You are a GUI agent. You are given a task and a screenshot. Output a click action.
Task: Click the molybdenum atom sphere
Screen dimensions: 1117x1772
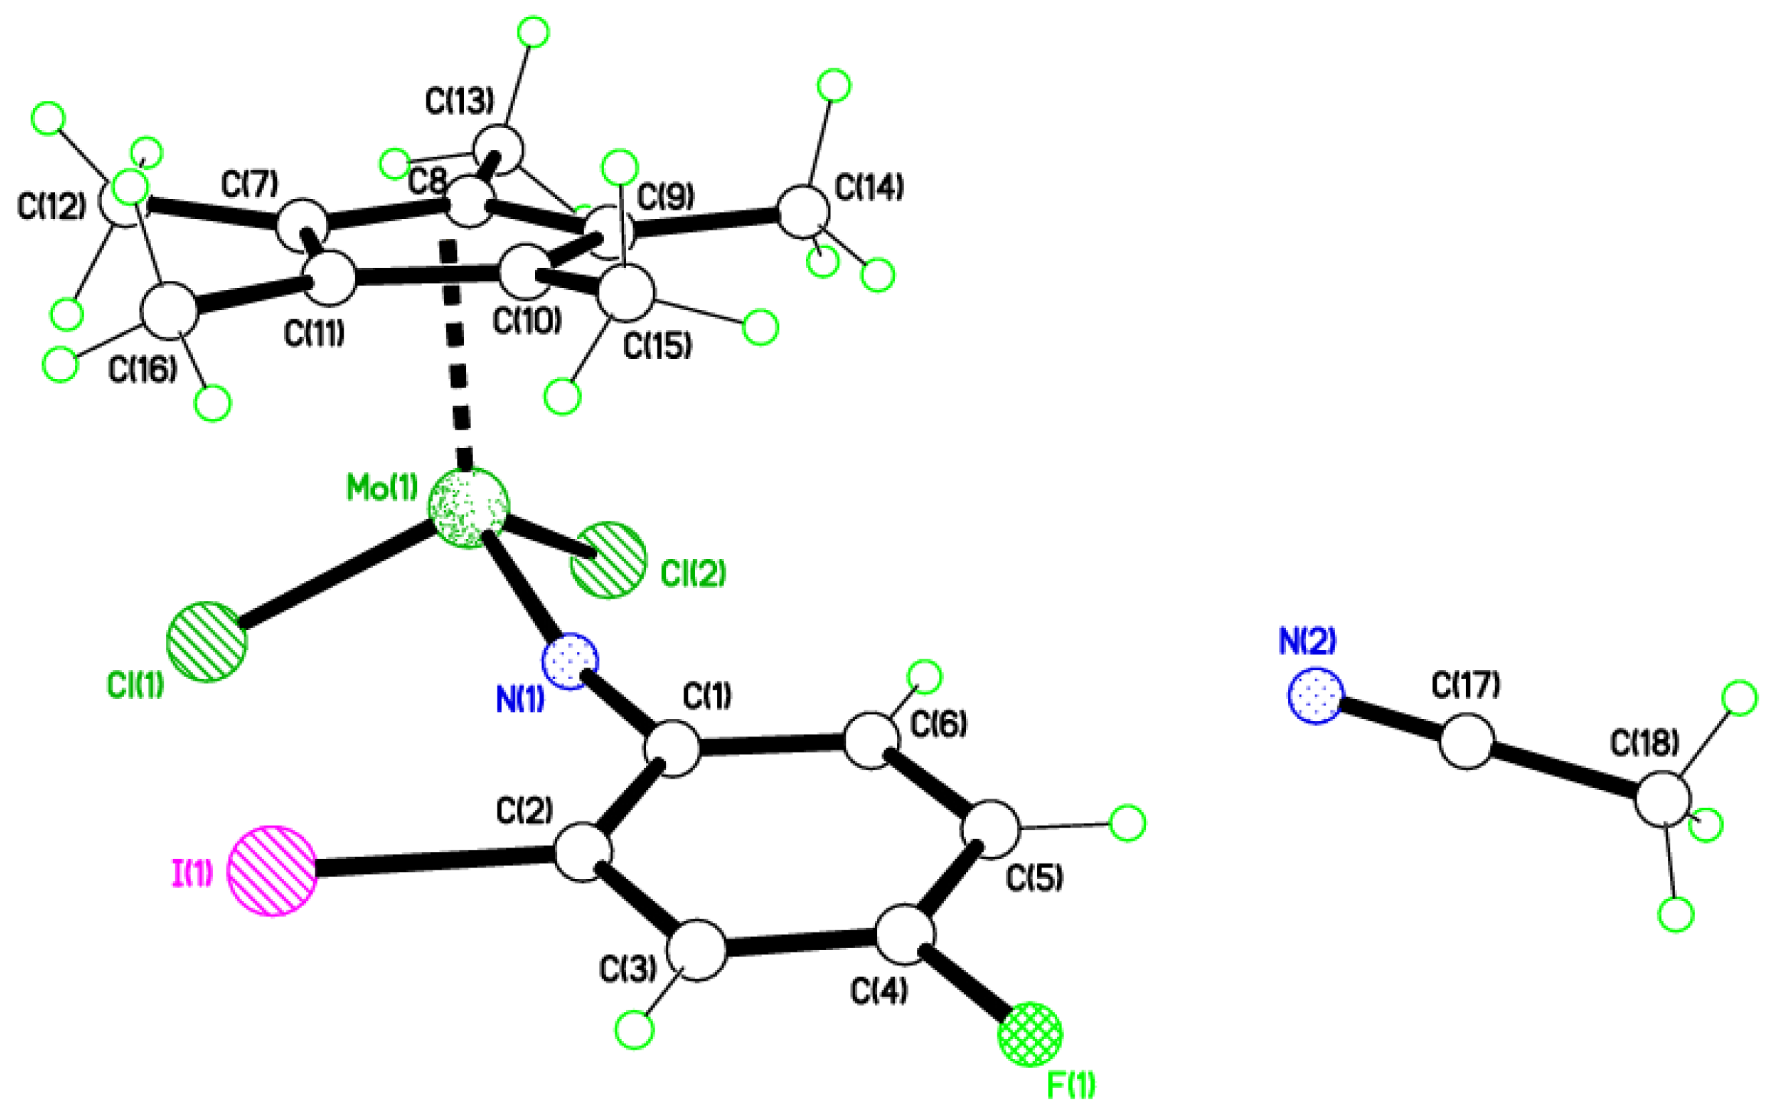[x=468, y=508]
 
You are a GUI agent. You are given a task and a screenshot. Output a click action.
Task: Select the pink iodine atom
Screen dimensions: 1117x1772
[x=272, y=870]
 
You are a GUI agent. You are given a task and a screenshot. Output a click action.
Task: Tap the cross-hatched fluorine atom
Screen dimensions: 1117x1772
[x=1030, y=1034]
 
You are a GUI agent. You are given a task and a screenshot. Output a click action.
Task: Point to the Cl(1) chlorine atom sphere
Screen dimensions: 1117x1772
[x=207, y=642]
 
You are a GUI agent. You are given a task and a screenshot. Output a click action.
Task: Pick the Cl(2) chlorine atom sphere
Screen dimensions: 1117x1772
[x=608, y=560]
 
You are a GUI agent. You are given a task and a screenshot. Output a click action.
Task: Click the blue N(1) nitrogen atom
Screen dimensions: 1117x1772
[x=570, y=661]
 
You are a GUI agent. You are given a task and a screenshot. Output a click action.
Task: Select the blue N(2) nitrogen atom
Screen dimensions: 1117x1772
[x=1316, y=695]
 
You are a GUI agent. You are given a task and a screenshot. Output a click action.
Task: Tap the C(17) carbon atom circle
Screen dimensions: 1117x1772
[x=1466, y=740]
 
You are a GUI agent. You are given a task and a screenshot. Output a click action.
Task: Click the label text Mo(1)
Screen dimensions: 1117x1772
[x=382, y=488]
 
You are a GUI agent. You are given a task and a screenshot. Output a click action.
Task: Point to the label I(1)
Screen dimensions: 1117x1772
[x=191, y=872]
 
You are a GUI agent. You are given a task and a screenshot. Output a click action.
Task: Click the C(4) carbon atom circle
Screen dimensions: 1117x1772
[x=905, y=935]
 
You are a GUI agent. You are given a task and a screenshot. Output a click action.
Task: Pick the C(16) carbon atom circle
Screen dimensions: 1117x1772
[x=169, y=311]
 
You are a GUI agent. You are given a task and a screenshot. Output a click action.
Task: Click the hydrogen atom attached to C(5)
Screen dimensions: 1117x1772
[x=1127, y=823]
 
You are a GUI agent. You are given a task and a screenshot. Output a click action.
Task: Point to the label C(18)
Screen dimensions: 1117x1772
[x=1645, y=743]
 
